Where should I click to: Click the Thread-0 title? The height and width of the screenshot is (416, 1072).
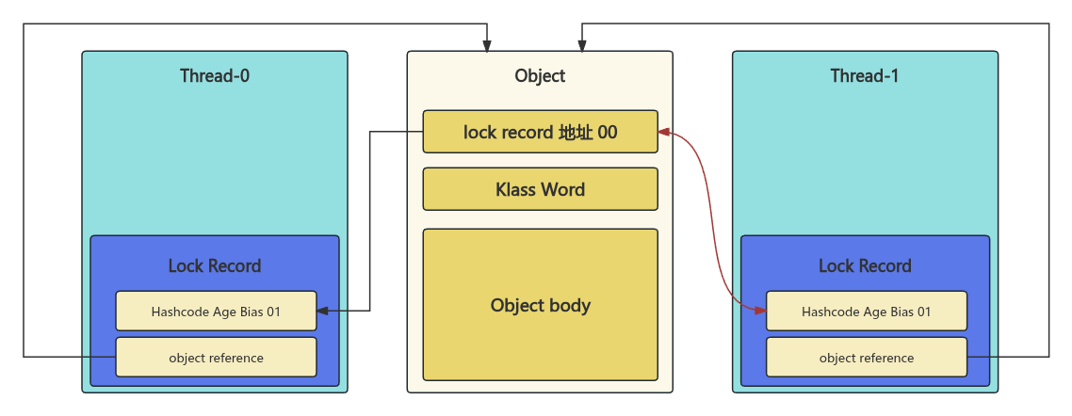pyautogui.click(x=215, y=76)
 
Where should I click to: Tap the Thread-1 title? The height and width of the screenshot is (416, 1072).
pyautogui.click(x=864, y=76)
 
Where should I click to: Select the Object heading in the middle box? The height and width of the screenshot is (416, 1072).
pyautogui.click(x=540, y=76)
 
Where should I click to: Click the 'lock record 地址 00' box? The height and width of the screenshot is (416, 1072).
pyautogui.click(x=540, y=132)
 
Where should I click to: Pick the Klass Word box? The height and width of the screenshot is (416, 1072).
pyautogui.click(x=540, y=189)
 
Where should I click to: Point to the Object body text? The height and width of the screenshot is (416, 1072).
pyautogui.click(x=540, y=305)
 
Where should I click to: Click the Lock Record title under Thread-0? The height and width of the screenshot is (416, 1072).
pyautogui.click(x=215, y=265)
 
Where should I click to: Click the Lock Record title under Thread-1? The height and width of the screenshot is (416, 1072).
pyautogui.click(x=865, y=265)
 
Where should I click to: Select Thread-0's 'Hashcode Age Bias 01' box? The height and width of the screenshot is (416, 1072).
pyautogui.click(x=216, y=312)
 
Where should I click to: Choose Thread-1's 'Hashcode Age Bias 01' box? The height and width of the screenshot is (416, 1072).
pyautogui.click(x=866, y=312)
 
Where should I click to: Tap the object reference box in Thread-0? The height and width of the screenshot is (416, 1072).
pyautogui.click(x=216, y=358)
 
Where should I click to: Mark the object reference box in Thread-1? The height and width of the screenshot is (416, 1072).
pyautogui.click(x=866, y=358)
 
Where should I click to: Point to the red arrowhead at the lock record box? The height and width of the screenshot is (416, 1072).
pyautogui.click(x=664, y=132)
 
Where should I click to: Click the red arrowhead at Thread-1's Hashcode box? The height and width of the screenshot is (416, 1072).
pyautogui.click(x=759, y=310)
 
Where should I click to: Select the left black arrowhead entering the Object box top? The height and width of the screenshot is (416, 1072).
pyautogui.click(x=487, y=45)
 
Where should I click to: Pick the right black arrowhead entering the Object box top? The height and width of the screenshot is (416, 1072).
pyautogui.click(x=582, y=45)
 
